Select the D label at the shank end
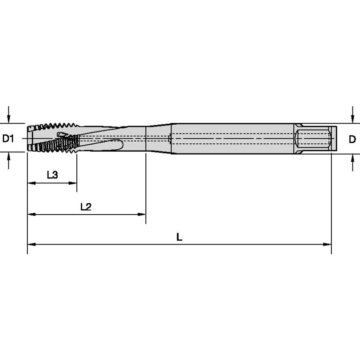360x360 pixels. [x=352, y=139]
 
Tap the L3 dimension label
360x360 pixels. [x=52, y=175]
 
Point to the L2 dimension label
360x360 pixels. [x=86, y=207]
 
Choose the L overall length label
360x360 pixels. [x=179, y=237]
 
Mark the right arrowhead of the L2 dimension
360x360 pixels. [x=142, y=215]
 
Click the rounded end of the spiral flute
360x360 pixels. [x=121, y=145]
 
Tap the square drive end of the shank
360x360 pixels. [x=333, y=138]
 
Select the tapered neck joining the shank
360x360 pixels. [x=158, y=138]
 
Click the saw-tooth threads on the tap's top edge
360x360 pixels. [x=57, y=126]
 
